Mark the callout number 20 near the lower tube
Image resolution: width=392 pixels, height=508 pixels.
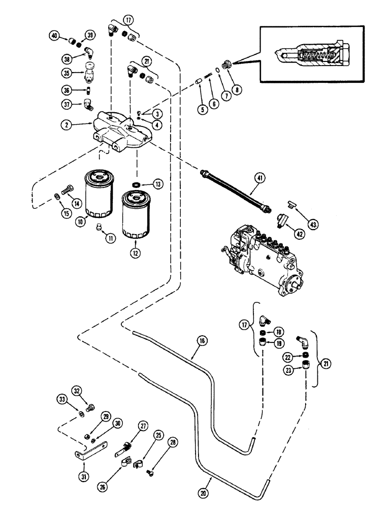208,480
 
